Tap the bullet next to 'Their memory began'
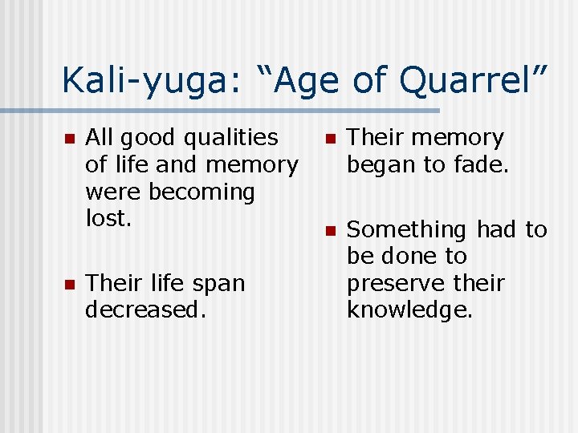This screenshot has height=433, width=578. pyautogui.click(x=329, y=139)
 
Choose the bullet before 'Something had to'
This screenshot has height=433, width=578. pyautogui.click(x=329, y=231)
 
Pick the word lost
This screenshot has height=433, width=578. pyautogui.click(x=107, y=219)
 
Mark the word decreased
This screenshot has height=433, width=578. pyautogui.click(x=145, y=310)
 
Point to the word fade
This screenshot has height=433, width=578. pyautogui.click(x=478, y=165)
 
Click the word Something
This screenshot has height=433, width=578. pyautogui.click(x=407, y=230)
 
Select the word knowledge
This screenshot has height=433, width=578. pyautogui.click(x=409, y=310)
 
